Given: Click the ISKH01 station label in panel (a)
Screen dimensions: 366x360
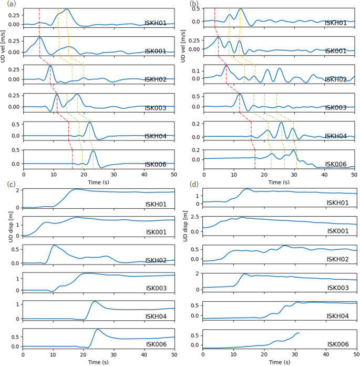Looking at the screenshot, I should (x=156, y=23).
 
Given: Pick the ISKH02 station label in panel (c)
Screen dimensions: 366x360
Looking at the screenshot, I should (x=156, y=260).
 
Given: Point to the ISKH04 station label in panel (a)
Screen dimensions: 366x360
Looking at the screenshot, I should (x=156, y=136).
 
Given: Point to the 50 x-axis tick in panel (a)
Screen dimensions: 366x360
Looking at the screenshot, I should (x=174, y=174).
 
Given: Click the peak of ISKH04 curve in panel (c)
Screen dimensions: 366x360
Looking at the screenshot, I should (x=95, y=301).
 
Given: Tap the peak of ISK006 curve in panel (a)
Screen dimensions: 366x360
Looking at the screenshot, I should (x=94, y=151).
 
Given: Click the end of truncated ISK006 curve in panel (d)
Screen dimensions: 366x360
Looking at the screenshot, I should (x=299, y=332).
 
